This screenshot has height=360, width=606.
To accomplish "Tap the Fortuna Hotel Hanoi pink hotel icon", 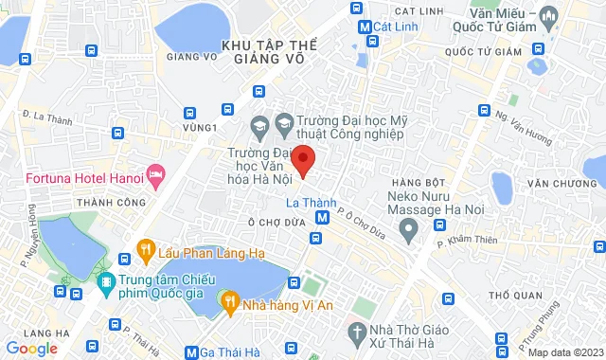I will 156,176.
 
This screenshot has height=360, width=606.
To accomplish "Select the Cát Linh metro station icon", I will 365,27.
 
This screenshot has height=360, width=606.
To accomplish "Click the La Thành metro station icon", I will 323,217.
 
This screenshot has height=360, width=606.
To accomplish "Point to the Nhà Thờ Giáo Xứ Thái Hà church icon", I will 357,306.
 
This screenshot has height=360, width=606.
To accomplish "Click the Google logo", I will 31,349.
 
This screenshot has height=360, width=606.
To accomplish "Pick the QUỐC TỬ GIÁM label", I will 488,51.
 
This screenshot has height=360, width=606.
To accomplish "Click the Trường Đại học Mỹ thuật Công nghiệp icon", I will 283,121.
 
